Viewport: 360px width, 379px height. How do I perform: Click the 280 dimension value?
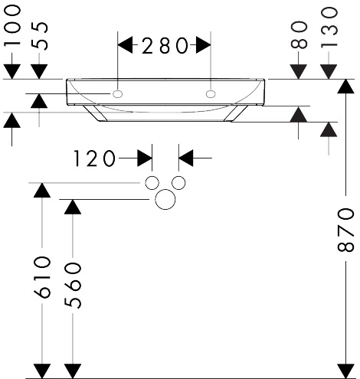click(165, 45)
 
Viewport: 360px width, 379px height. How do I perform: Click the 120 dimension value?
click(94, 158)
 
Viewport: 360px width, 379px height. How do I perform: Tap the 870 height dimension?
click(345, 230)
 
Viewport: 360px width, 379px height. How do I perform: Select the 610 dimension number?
click(42, 277)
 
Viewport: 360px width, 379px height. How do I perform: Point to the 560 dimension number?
click(73, 286)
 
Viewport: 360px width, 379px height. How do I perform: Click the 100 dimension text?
click(12, 26)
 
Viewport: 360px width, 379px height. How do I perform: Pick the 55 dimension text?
click(39, 36)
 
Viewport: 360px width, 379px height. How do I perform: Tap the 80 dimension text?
click(299, 34)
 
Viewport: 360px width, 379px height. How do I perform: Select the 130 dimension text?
click(329, 28)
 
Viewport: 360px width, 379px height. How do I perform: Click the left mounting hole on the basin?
click(117, 94)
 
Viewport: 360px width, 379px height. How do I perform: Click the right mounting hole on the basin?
click(211, 94)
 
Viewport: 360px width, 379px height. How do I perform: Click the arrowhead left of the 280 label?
click(125, 45)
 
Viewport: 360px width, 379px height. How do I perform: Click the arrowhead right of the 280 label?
click(203, 45)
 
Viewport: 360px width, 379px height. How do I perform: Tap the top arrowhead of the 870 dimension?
click(345, 87)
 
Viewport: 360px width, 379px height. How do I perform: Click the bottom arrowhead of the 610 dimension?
click(42, 371)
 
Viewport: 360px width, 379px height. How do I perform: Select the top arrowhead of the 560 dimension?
click(73, 207)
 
